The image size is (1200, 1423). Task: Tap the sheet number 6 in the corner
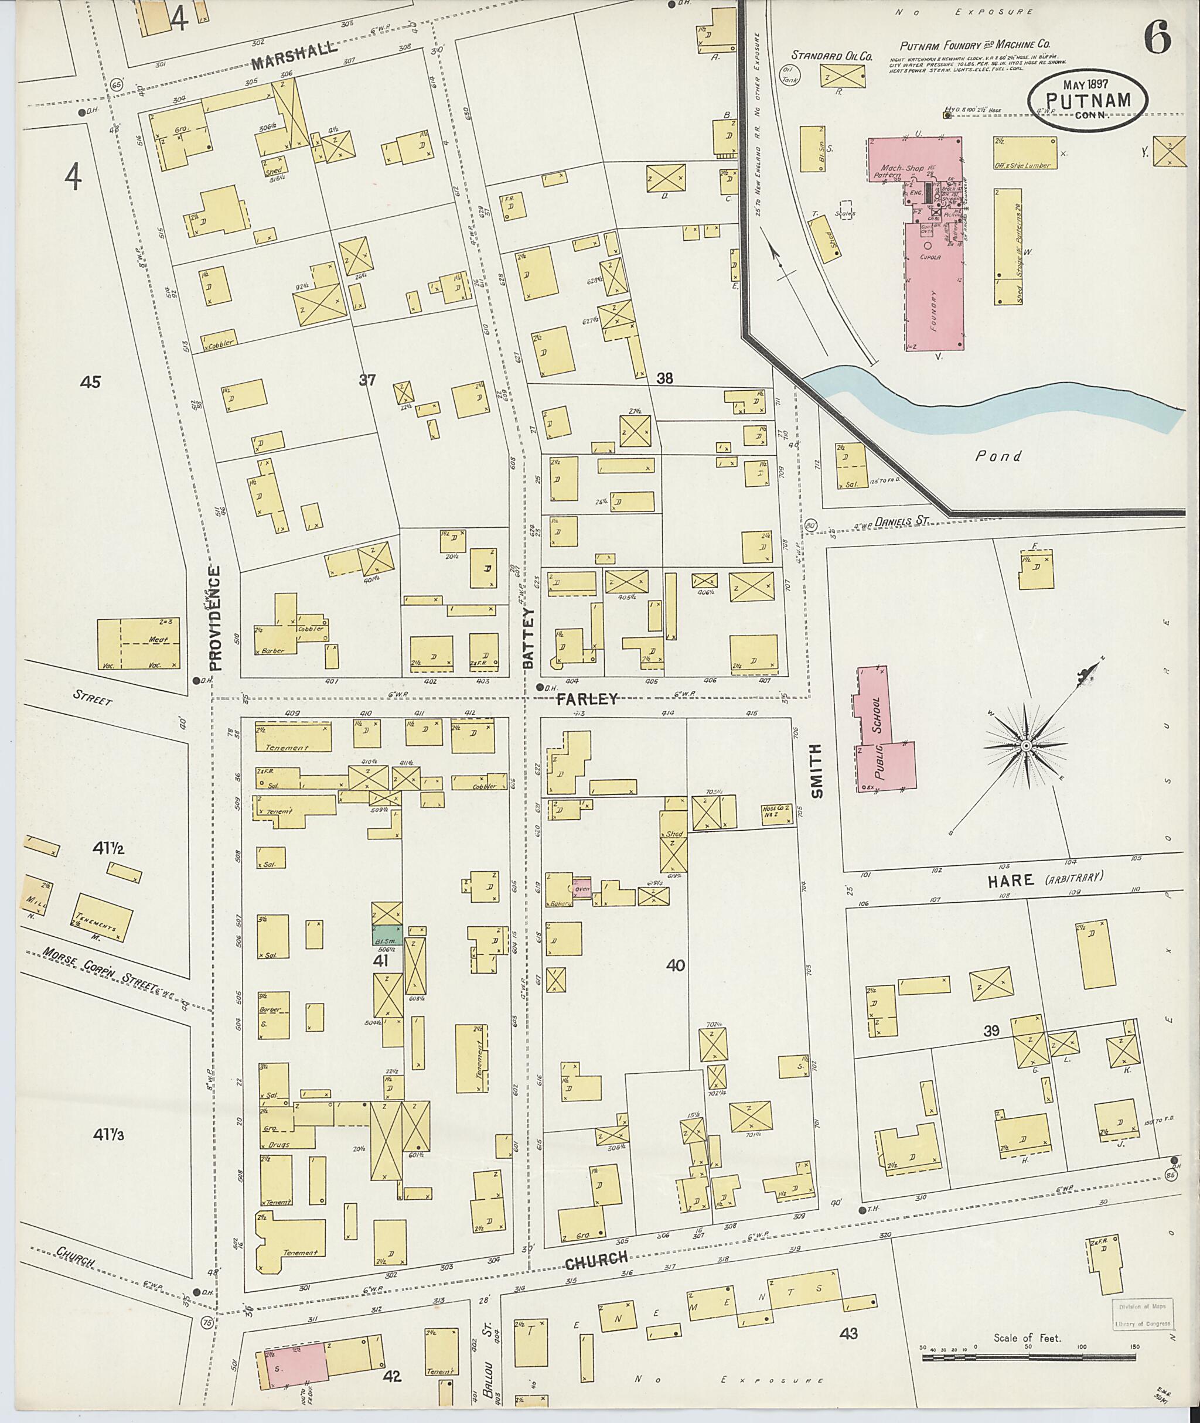[1157, 37]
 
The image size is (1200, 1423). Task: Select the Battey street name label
[529, 637]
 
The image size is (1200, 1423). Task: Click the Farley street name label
[587, 698]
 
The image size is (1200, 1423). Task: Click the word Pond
[998, 456]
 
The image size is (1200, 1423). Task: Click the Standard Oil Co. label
[831, 56]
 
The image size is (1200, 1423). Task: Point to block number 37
[367, 380]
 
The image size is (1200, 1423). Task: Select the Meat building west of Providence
[138, 643]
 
